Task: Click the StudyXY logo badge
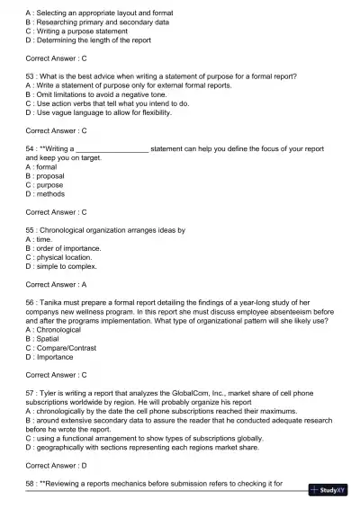pyautogui.click(x=333, y=490)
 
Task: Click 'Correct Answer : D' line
pyautogui.click(x=57, y=465)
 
